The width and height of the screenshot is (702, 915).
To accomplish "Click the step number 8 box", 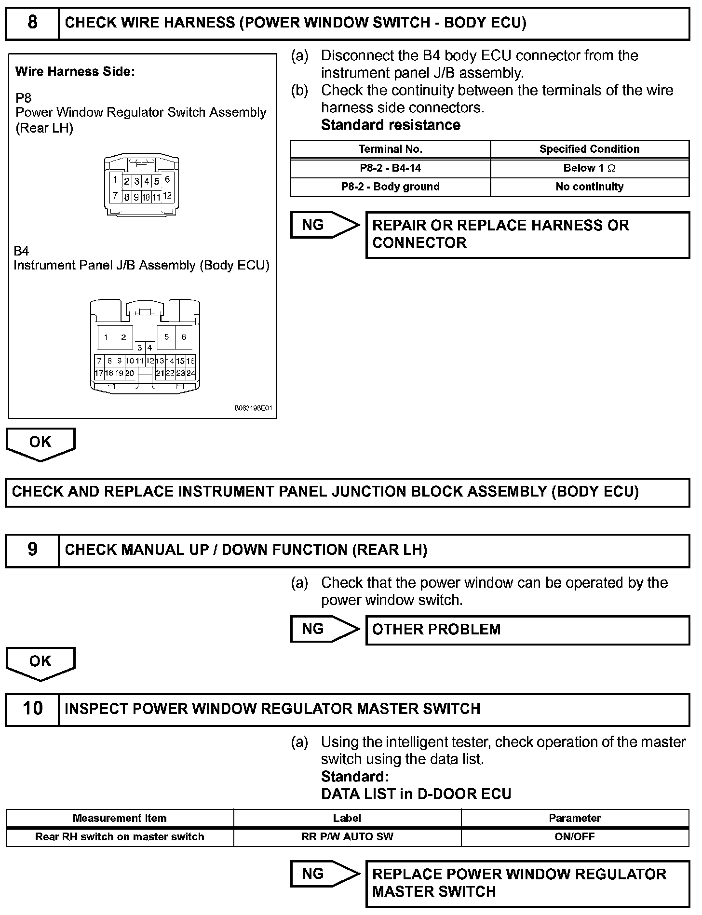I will pos(32,23).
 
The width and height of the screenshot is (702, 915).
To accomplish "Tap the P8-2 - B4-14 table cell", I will pos(390,168).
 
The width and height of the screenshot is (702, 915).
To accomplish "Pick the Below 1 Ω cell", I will pos(589,168).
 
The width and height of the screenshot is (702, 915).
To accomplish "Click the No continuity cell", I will pos(589,187).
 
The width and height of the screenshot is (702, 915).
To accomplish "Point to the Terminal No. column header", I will pos(390,149).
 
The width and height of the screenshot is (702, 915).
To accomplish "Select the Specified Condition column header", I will pos(589,149).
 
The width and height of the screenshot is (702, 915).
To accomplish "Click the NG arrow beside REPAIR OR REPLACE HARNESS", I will pos(324,225).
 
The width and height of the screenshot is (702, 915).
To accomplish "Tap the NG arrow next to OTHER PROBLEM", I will pos(324,629).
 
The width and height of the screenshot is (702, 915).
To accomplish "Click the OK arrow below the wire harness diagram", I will pos(40,444).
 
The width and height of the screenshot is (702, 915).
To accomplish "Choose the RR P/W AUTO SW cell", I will pos(347,836).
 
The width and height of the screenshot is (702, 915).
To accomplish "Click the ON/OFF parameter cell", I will pos(575,836).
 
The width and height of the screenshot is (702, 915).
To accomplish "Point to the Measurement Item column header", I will pos(120,818).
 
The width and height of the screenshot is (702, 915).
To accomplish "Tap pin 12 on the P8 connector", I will pos(167,196).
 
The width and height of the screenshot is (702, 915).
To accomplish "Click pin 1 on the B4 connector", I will pos(106,337).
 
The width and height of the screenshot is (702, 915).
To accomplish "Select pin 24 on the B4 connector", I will pos(191,373).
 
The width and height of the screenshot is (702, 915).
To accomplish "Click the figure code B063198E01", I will pos(254,408).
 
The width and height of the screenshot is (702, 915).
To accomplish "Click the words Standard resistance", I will pos(391,125).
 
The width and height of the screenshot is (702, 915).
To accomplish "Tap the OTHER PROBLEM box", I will pos(527,630).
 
